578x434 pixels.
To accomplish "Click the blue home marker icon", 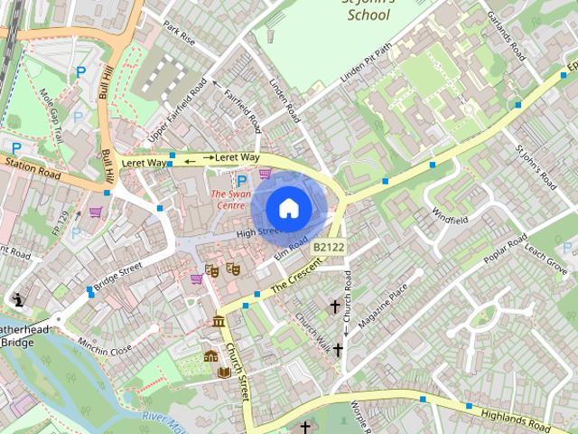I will click(x=288, y=208).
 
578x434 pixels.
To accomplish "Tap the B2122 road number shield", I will click(x=329, y=246).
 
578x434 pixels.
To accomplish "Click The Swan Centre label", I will click(x=228, y=199).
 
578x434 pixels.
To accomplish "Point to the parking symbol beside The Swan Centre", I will click(x=241, y=181).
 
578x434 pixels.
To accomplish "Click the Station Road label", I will click(x=33, y=166).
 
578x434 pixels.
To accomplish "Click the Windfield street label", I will click(x=450, y=218).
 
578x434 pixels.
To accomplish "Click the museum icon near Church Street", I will click(x=218, y=321).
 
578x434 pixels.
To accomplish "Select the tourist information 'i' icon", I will click(x=17, y=299).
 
